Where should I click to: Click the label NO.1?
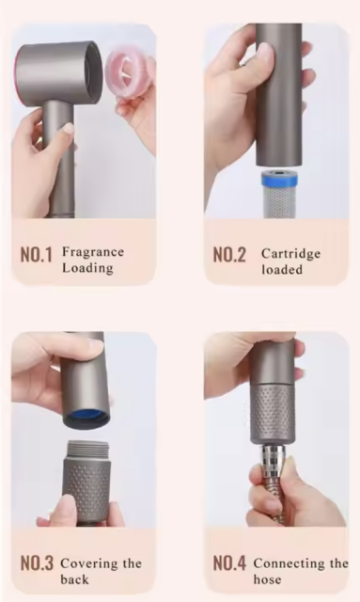click(x=36, y=255)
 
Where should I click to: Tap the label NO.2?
click(x=229, y=255)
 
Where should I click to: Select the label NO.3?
click(x=37, y=563)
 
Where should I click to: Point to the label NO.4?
click(x=229, y=563)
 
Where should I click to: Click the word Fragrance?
click(x=93, y=252)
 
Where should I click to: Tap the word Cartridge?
click(x=290, y=254)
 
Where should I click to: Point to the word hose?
click(x=267, y=579)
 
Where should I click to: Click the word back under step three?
click(x=74, y=579)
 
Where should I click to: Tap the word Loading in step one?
click(x=87, y=268)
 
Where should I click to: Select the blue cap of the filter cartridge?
click(x=280, y=180)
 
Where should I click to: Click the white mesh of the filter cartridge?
click(x=280, y=203)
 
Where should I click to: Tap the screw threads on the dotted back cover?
click(x=88, y=450)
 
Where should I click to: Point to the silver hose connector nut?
click(x=273, y=459)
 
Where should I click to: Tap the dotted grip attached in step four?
click(x=273, y=413)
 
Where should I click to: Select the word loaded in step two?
click(x=282, y=270)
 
